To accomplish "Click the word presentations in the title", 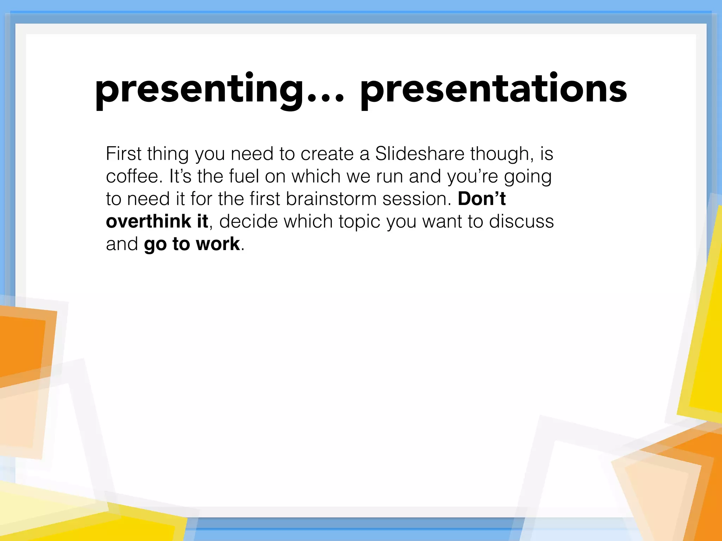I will tap(494, 90).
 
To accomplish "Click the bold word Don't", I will tap(482, 199).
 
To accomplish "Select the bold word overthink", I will tap(148, 221).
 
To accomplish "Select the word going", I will tap(527, 177).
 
